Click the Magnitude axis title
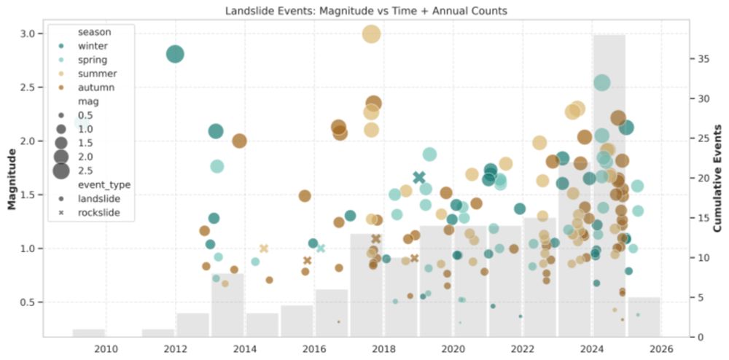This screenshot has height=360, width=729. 12,178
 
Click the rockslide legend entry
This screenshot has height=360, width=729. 98,213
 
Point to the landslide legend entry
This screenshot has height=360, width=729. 98,198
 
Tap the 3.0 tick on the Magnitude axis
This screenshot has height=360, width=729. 26,34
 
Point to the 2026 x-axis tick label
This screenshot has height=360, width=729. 662,348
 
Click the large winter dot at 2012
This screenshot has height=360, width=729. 175,54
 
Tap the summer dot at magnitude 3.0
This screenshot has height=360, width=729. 371,34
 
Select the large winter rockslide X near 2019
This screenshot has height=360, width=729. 419,177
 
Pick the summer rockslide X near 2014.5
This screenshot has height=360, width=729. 264,249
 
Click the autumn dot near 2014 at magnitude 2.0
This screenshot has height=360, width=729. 239,141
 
